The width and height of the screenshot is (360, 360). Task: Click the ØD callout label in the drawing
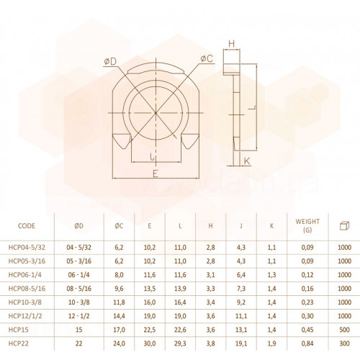pyautogui.click(x=110, y=62)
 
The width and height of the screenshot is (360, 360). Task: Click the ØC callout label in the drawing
pyautogui.click(x=207, y=58)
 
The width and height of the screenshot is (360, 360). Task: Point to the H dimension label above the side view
pyautogui.click(x=231, y=44)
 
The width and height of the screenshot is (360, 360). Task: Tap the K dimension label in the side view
pyautogui.click(x=247, y=161)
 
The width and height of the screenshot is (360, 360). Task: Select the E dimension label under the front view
pyautogui.click(x=156, y=174)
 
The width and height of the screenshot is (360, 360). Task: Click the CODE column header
pyautogui.click(x=27, y=226)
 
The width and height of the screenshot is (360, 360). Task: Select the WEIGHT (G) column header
pyautogui.click(x=307, y=225)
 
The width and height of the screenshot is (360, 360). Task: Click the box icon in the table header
pyautogui.click(x=344, y=225)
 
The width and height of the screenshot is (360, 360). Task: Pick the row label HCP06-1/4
pyautogui.click(x=25, y=274)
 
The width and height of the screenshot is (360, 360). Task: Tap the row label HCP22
pyautogui.click(x=18, y=343)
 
